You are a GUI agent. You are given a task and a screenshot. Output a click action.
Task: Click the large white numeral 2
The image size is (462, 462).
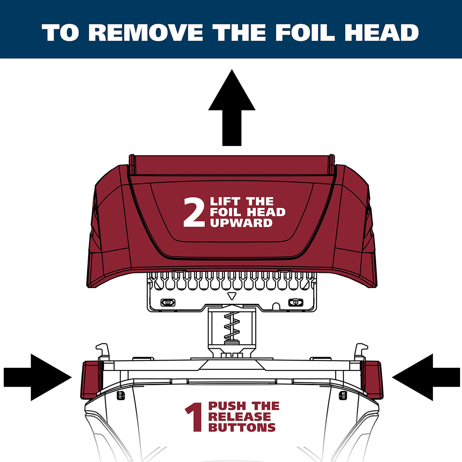pos(194,212)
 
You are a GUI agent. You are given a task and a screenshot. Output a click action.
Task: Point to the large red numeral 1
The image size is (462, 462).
pos(194,417)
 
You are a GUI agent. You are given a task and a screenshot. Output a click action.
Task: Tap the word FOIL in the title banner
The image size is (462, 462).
pos(305,33)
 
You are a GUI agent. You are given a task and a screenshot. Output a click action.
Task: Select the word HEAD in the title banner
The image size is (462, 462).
pos(382,33)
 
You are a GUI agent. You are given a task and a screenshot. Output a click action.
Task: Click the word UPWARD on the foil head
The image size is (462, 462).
pos(241,223)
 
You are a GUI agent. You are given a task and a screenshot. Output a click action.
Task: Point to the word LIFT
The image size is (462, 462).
pos(225,201)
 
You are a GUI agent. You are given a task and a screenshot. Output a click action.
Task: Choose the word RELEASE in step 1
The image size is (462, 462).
pos(240,417)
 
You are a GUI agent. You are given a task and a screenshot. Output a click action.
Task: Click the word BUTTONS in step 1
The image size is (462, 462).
pos(242,427)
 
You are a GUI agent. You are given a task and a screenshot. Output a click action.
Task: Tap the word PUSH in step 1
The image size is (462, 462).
pos(227,406)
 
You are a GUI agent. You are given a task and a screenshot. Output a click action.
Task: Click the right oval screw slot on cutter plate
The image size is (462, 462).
pos(296,303)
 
